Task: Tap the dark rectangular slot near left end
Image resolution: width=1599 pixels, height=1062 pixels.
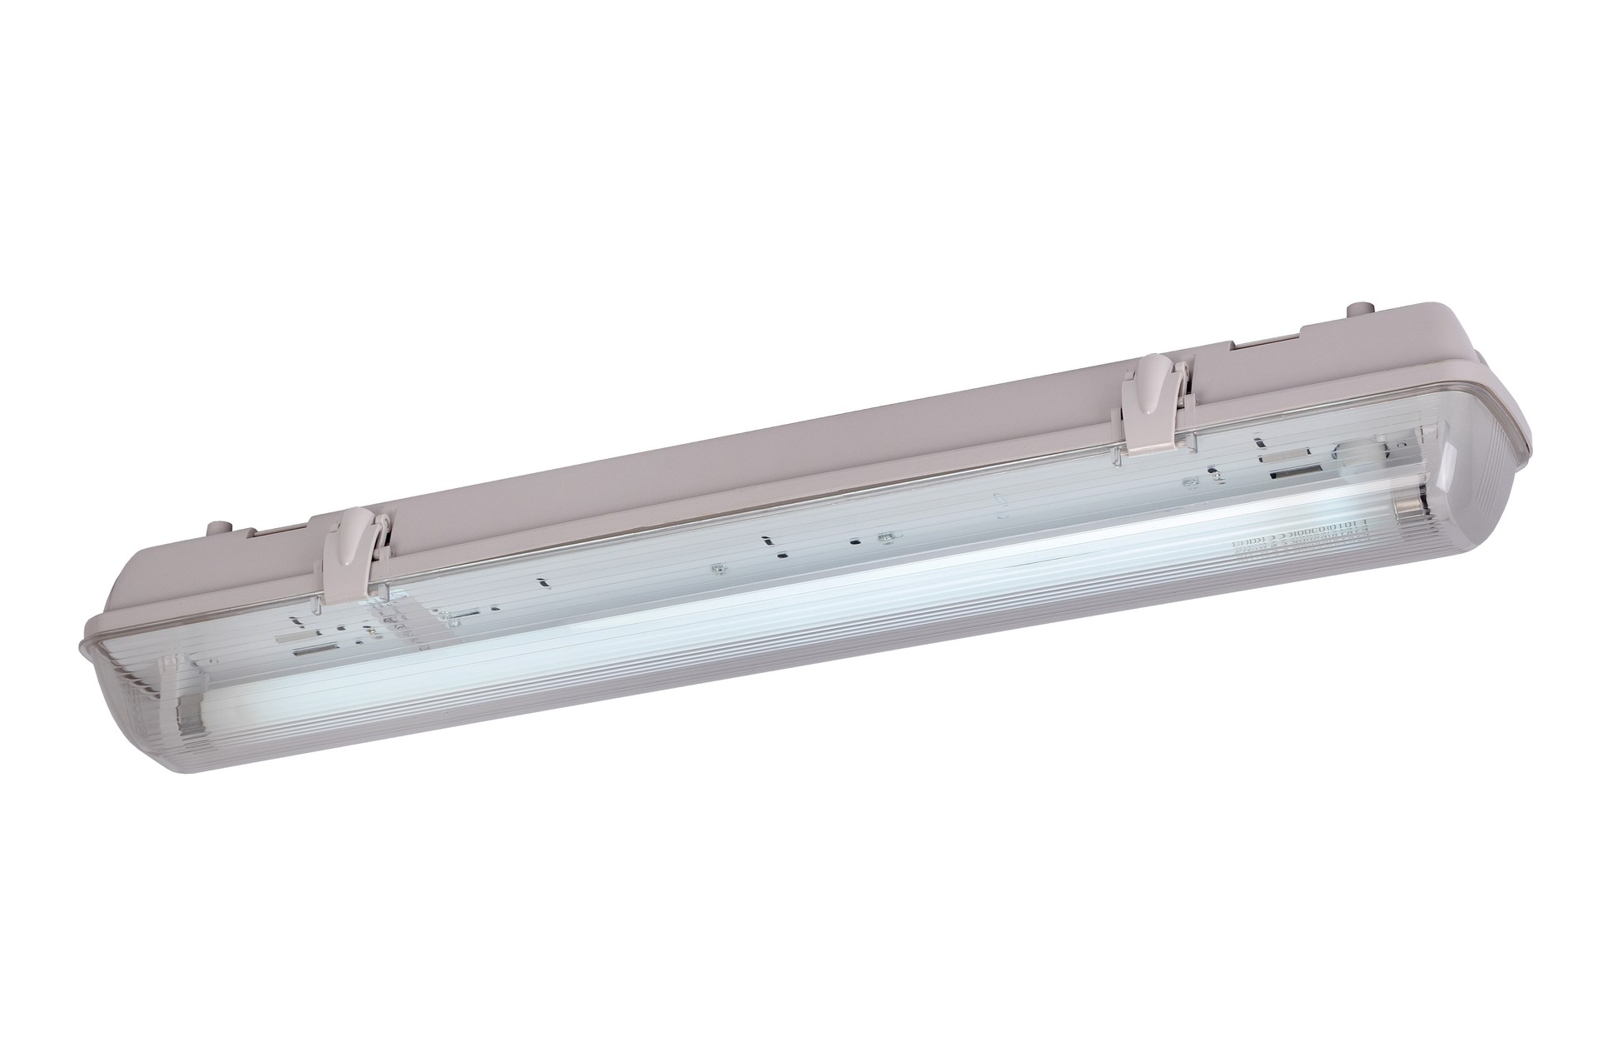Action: (309, 648)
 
